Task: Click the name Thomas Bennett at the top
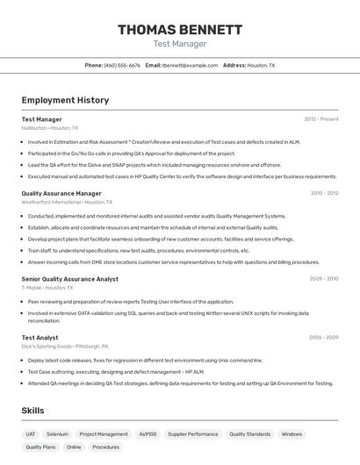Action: [180, 30]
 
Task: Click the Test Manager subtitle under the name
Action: [180, 44]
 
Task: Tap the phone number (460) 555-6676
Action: [122, 65]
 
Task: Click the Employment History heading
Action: [65, 100]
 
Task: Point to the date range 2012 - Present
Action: [321, 118]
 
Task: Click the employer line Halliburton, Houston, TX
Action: [49, 128]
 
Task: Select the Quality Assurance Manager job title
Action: [61, 193]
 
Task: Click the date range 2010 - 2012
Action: [324, 193]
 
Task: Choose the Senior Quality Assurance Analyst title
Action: [69, 278]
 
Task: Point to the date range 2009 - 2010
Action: [324, 278]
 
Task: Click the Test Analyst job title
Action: [40, 337]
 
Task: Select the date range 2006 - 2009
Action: [324, 337]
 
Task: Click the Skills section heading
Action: [33, 411]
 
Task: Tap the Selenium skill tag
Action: [57, 433]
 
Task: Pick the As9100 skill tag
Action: [148, 433]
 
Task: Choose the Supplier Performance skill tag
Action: [193, 433]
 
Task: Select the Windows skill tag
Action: [292, 433]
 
